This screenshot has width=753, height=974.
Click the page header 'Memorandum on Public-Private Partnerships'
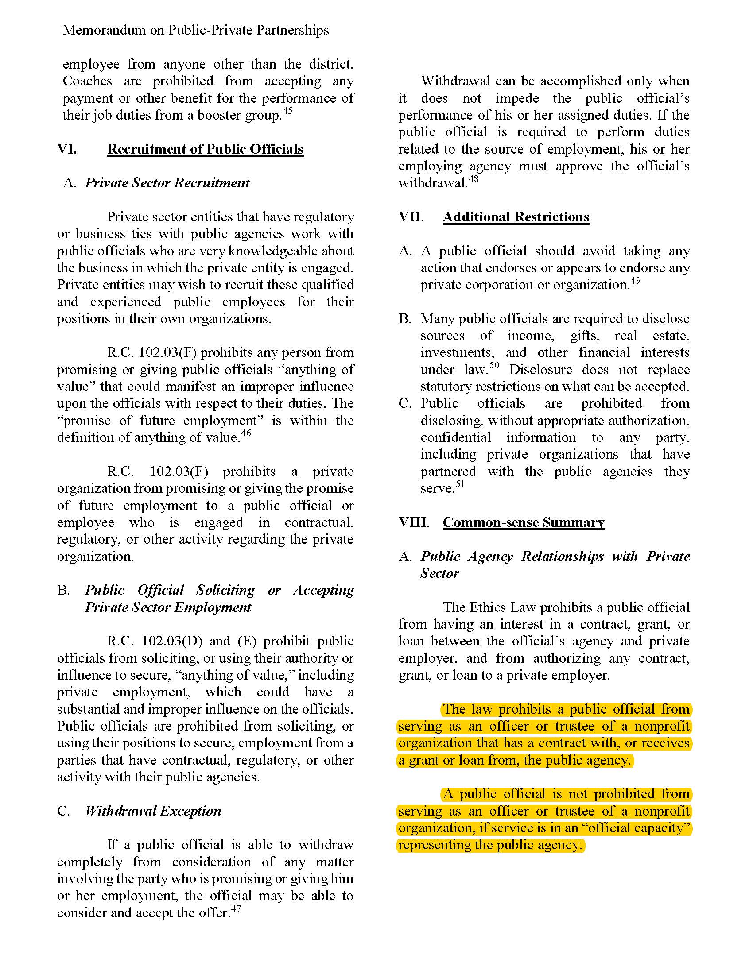(x=196, y=30)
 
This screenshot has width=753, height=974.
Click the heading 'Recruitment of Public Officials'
(x=205, y=149)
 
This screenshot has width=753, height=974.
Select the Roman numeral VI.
(x=67, y=149)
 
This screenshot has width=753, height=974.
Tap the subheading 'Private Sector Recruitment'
(x=167, y=183)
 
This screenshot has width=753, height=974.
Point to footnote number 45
(x=288, y=110)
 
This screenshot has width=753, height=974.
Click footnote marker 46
(x=246, y=433)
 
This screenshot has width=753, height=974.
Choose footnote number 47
(x=236, y=908)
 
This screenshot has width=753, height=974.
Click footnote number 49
(x=635, y=281)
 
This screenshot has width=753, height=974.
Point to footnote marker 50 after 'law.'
(x=494, y=365)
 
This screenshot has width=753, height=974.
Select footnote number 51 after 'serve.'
(x=460, y=484)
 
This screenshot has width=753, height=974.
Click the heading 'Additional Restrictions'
(x=516, y=217)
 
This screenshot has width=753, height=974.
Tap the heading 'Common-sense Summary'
(x=523, y=522)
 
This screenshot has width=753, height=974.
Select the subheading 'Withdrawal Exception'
(x=153, y=811)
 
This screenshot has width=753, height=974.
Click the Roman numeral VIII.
(x=414, y=522)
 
